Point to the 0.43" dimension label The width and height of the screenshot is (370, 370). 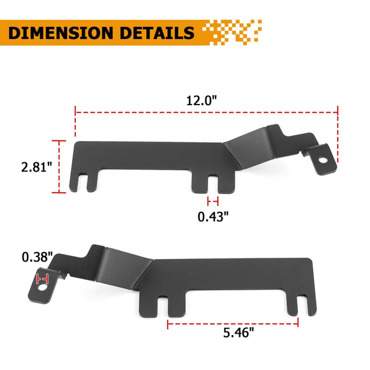[x=213, y=216]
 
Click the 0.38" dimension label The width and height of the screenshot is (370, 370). [x=35, y=257]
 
